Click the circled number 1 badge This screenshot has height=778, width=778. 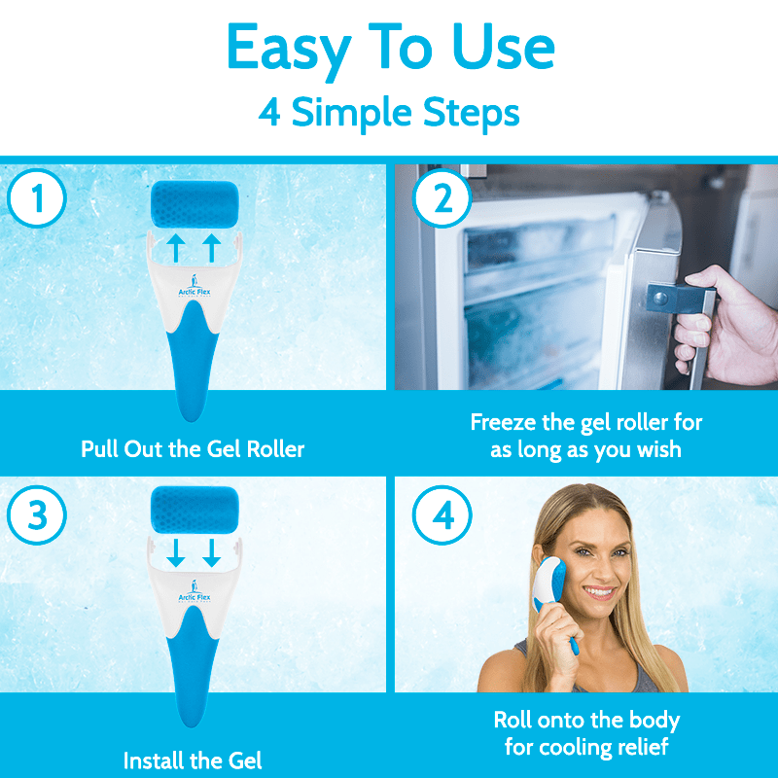click(37, 198)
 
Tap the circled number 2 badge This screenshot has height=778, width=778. click(442, 198)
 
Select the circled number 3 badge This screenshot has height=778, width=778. click(37, 515)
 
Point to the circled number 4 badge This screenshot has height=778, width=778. click(442, 515)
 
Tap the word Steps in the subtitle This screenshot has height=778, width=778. click(471, 114)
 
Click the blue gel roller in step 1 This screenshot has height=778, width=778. click(194, 204)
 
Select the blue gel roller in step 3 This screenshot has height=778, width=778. click(194, 510)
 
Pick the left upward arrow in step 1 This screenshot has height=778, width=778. click(176, 248)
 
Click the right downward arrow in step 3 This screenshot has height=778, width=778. click(212, 552)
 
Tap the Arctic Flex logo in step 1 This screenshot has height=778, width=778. click(194, 286)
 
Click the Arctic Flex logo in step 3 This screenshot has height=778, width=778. click(194, 591)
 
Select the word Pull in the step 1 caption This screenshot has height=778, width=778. click(99, 449)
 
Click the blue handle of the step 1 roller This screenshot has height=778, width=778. click(192, 362)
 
